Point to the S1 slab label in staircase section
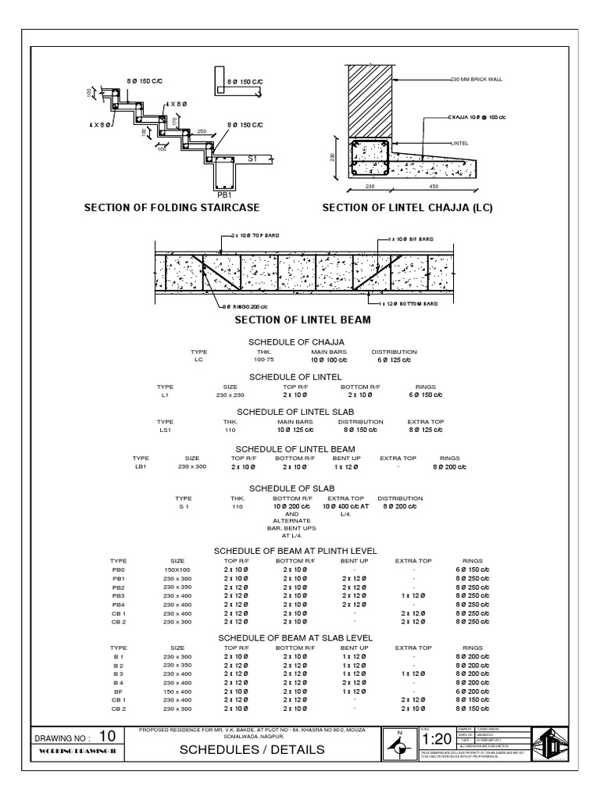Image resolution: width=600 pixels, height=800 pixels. [252, 159]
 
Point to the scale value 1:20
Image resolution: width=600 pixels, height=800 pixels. [436, 739]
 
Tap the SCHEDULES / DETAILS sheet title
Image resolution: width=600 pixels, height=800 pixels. [252, 750]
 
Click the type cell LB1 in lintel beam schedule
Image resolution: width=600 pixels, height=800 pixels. [141, 467]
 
